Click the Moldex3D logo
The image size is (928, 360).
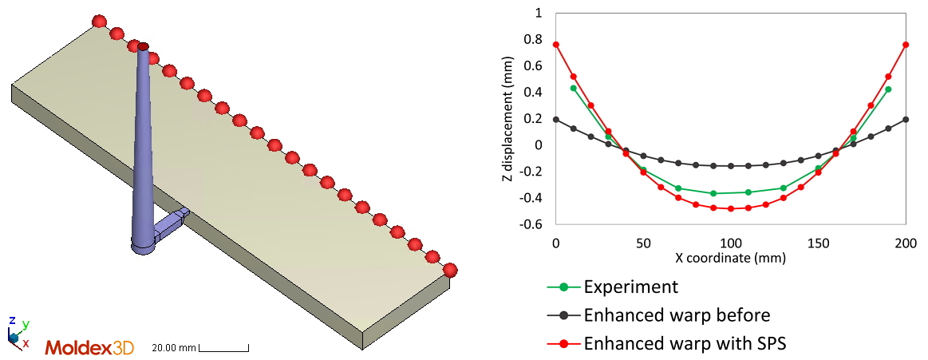coord(89,348)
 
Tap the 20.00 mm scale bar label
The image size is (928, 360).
coord(174,348)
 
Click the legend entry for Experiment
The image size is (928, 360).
coord(630,287)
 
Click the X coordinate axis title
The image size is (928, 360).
coord(731,258)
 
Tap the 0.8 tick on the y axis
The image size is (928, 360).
coord(532,40)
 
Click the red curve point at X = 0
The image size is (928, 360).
coord(556,45)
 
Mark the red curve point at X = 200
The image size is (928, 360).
coord(906,45)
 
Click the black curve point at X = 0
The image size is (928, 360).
coord(556,120)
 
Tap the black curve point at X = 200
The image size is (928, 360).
coord(906,120)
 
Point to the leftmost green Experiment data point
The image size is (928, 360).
coord(574,88)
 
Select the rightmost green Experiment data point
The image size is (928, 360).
coord(888,89)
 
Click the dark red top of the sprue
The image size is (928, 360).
coord(143,46)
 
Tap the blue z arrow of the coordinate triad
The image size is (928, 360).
coord(11,322)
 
